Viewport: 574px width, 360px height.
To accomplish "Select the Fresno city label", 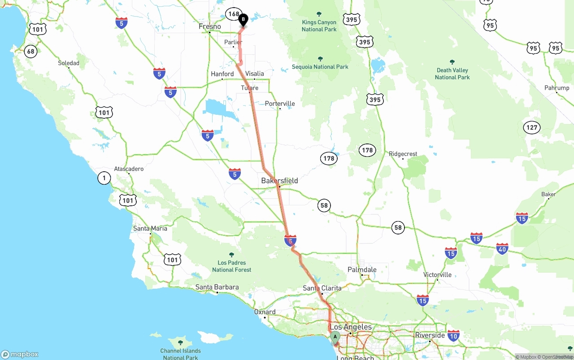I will tap(210, 27).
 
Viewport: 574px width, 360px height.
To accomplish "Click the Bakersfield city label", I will tap(279, 181).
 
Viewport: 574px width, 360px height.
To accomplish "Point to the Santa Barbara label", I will tap(217, 287).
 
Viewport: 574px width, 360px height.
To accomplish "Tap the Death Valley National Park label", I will tap(452, 74).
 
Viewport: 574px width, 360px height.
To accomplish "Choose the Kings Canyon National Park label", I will tap(319, 26).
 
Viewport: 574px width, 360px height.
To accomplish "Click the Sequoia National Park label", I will tap(320, 67).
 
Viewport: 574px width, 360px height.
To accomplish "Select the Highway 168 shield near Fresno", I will tap(234, 14).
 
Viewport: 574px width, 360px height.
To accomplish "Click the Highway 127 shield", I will tap(532, 128).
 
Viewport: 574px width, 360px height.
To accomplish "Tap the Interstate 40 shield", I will tap(502, 249).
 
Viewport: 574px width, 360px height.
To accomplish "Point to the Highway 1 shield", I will tap(104, 178).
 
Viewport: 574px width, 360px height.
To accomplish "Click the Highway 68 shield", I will tap(30, 51).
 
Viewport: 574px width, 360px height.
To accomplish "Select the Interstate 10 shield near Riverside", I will tap(453, 335).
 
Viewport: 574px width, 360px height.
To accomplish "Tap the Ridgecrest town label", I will tap(403, 154).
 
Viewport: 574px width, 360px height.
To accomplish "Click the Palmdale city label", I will tap(362, 270).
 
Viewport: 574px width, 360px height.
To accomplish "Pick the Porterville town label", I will tap(280, 104).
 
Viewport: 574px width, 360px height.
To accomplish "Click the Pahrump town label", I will tap(557, 88).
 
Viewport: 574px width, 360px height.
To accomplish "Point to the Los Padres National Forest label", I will tap(231, 266).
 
